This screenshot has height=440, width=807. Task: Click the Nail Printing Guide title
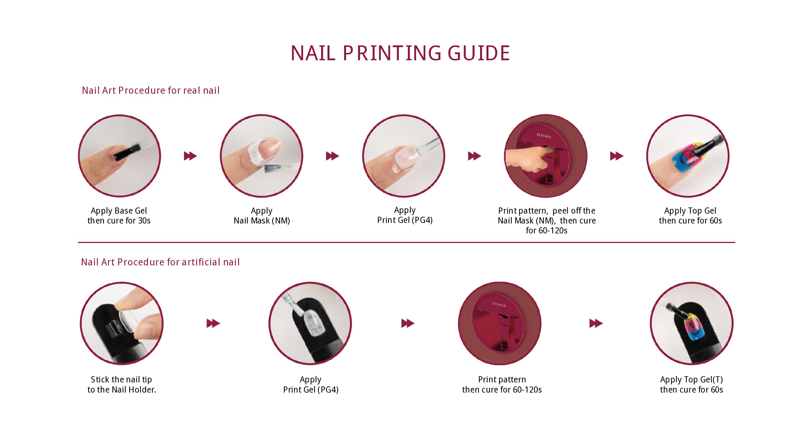(400, 53)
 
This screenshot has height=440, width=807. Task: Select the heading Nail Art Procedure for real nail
(151, 91)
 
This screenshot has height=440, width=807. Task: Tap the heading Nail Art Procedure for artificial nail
(160, 262)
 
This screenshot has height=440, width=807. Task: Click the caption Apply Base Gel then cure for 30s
(119, 215)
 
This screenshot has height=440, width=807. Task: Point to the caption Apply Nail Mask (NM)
(262, 215)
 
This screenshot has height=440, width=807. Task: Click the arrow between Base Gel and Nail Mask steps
(190, 156)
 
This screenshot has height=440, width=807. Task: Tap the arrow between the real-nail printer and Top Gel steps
(617, 156)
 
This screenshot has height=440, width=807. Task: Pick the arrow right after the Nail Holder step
(213, 323)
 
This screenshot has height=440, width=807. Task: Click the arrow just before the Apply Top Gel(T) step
(596, 323)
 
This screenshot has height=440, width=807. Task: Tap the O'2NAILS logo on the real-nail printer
(544, 136)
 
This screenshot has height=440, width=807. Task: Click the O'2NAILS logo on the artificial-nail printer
(499, 304)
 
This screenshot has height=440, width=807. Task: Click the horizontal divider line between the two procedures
(406, 242)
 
